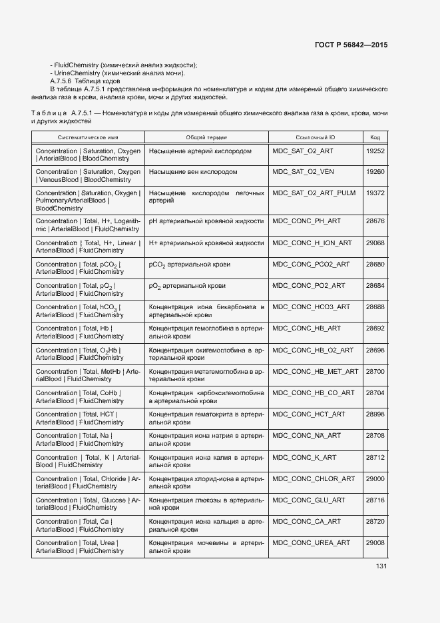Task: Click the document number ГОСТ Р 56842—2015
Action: click(351, 45)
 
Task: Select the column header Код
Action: click(375, 137)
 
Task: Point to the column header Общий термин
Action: click(206, 137)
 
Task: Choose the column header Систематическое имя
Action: click(87, 137)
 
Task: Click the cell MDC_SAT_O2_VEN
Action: click(303, 172)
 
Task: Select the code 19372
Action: click(375, 193)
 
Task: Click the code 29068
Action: click(375, 243)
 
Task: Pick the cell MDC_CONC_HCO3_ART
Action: click(311, 307)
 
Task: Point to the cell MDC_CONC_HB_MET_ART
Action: click(315, 372)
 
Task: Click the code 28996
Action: click(375, 414)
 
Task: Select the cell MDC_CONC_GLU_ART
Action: click(309, 500)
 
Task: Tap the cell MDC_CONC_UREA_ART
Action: click(311, 543)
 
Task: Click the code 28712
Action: click(375, 458)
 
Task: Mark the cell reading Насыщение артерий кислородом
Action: click(200, 151)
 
